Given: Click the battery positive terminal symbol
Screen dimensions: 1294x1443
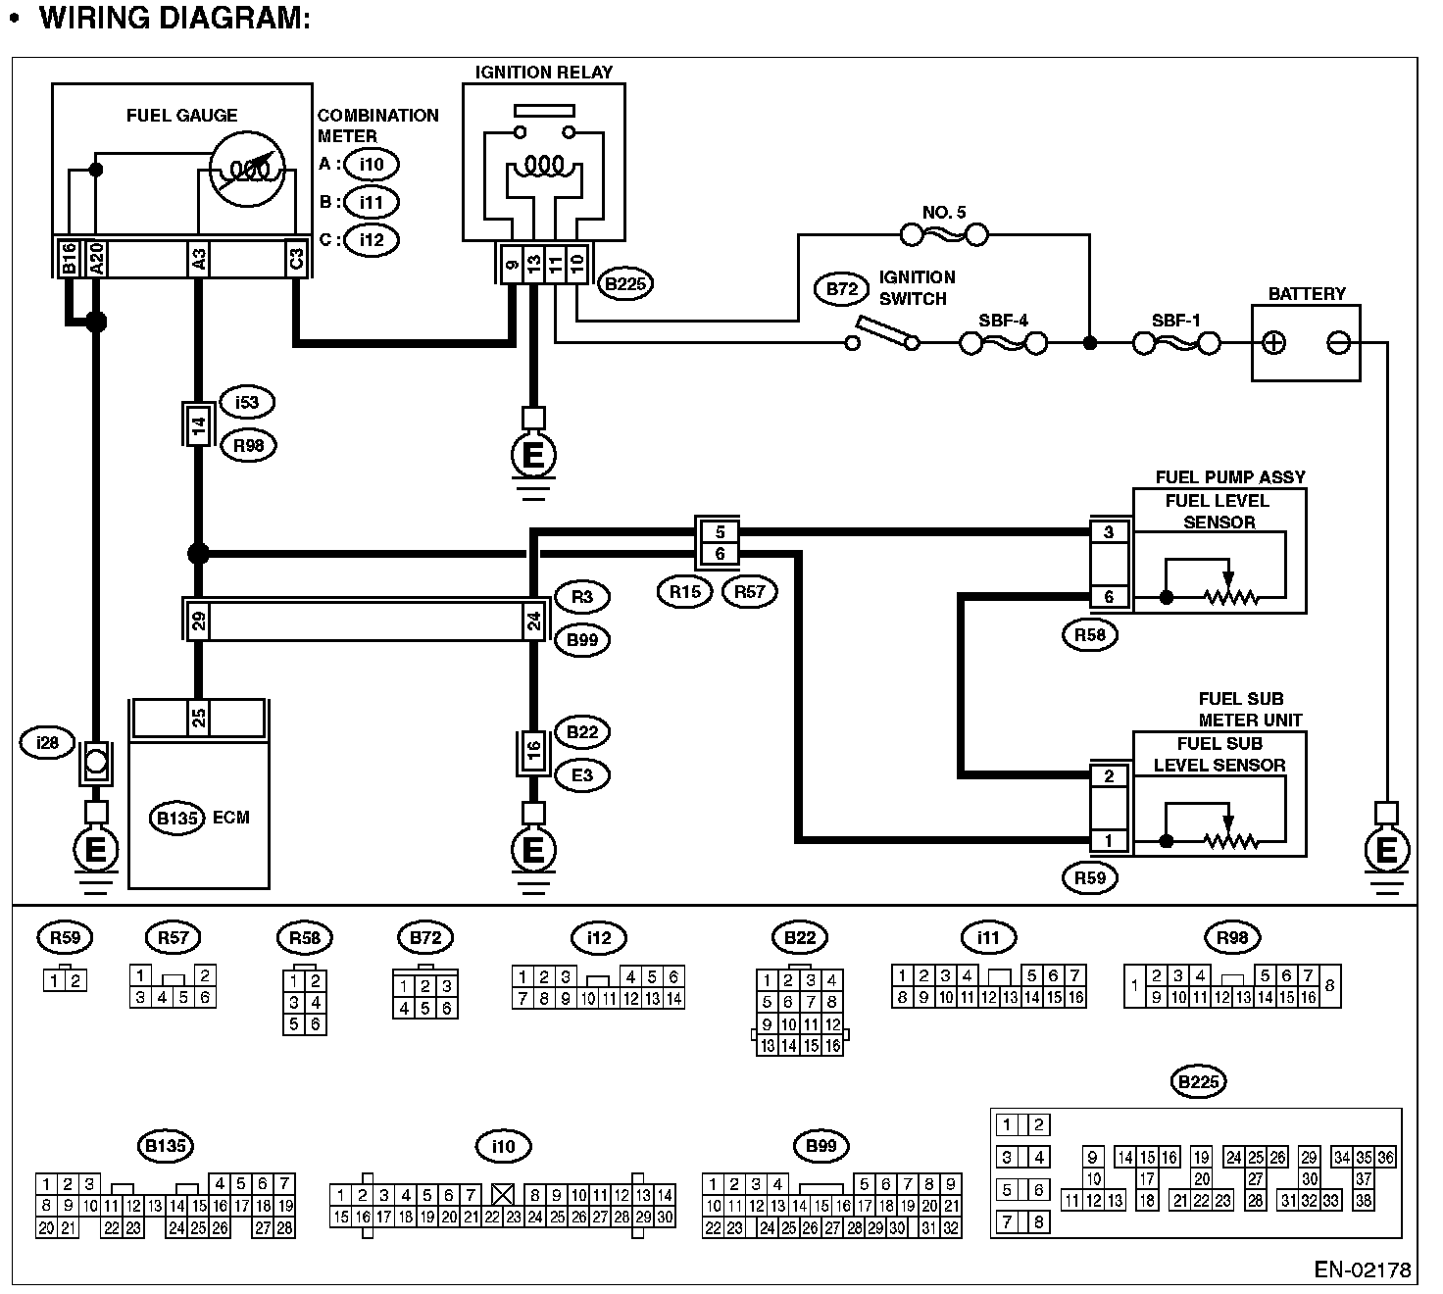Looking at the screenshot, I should click(1273, 343).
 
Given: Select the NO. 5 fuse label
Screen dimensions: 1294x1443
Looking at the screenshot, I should click(944, 212).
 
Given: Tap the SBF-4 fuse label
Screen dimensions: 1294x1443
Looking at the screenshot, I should click(1004, 321).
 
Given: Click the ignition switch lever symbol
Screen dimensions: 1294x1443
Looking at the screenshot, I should click(885, 333).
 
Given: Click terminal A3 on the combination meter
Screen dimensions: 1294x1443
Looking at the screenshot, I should click(198, 260).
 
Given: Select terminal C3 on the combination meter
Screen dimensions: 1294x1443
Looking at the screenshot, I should click(296, 260).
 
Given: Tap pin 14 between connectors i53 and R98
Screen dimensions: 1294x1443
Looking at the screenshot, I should click(198, 425).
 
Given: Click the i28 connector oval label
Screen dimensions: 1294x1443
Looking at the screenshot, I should click(47, 743).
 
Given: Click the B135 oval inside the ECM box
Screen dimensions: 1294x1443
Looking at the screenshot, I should click(177, 818).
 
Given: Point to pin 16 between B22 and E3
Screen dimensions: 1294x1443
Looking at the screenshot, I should click(533, 752).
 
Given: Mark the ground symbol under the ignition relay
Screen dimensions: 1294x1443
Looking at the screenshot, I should click(533, 456).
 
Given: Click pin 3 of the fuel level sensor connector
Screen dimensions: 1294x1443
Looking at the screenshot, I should click(1109, 532).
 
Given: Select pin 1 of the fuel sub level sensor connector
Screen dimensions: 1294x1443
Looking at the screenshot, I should click(1109, 840).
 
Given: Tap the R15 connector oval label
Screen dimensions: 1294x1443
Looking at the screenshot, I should click(685, 591).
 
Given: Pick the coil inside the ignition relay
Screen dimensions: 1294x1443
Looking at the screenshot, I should click(544, 165).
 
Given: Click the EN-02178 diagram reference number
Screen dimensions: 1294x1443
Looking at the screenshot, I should click(1363, 1270).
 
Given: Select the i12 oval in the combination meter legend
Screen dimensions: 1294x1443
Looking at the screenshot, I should click(372, 239).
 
